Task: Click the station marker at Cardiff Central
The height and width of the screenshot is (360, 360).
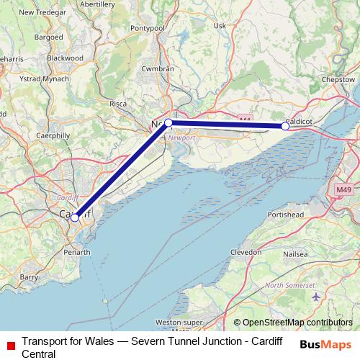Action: point(75,217)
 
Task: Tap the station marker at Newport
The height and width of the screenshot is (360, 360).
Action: point(168,123)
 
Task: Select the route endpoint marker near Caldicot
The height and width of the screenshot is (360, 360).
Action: point(285,126)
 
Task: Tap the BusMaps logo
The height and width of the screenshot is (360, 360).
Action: point(325,343)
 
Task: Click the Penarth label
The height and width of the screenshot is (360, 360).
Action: point(76,253)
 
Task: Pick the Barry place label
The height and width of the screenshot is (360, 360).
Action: point(29,276)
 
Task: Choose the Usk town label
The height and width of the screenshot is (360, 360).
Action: point(220,26)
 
